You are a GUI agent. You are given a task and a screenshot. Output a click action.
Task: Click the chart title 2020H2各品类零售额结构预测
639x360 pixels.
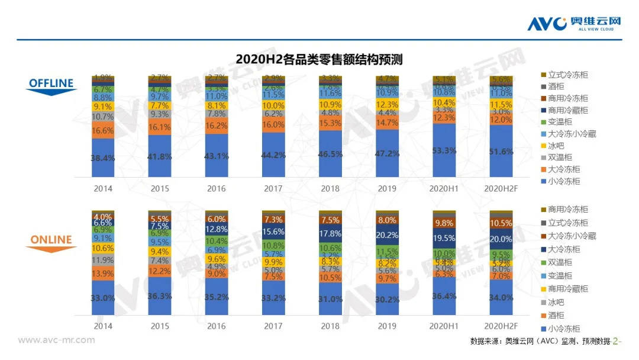tap(319, 59)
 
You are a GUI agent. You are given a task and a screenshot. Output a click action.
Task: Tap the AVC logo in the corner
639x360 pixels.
tap(575, 22)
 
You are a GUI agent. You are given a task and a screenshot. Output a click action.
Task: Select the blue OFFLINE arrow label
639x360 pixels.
tap(51, 84)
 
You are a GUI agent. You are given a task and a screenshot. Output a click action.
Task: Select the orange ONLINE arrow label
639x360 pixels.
tap(51, 241)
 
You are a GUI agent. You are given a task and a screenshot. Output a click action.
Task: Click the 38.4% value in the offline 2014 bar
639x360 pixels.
tap(103, 159)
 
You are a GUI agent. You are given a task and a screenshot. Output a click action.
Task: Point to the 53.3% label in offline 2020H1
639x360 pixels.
tap(444, 150)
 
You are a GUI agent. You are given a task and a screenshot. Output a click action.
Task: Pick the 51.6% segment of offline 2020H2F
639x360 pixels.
tap(501, 152)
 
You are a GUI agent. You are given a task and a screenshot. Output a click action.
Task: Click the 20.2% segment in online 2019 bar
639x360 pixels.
tap(387, 234)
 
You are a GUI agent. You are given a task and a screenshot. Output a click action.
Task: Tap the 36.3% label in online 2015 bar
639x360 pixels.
tap(160, 295)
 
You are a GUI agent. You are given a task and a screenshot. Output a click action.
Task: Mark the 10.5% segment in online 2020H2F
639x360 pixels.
tap(501, 223)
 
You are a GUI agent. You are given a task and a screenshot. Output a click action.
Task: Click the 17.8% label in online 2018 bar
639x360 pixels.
tap(330, 233)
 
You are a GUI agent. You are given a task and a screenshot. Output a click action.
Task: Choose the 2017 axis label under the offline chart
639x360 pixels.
tap(273, 188)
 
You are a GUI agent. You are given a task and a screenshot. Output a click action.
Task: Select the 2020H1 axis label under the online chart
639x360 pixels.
tap(444, 326)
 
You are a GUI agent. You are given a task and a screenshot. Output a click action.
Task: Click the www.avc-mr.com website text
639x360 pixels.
tap(56, 340)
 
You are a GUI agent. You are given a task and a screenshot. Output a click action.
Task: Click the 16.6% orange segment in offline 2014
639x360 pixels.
tap(103, 130)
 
